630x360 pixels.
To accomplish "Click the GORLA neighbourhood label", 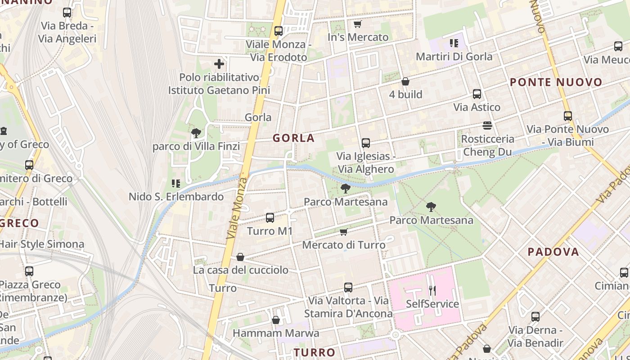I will click(293, 138).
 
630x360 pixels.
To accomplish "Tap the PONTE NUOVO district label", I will click(556, 82).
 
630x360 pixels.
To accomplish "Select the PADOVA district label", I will click(553, 252).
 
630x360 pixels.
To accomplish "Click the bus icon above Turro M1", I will click(270, 218).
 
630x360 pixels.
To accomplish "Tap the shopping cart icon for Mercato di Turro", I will click(344, 232).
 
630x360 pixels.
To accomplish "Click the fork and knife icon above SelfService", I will click(432, 290).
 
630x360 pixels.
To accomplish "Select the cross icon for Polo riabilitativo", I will click(219, 64).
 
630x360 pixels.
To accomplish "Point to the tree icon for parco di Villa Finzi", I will click(196, 133).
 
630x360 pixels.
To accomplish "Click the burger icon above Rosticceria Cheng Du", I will click(487, 125).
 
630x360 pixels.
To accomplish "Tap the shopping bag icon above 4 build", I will click(405, 81).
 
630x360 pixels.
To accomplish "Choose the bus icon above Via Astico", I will click(477, 94).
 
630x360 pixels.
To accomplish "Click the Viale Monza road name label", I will click(237, 208).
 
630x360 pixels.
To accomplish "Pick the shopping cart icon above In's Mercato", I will click(358, 24).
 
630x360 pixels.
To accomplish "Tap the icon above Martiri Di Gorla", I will click(454, 43).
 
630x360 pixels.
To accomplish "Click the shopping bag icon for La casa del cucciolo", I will click(240, 257).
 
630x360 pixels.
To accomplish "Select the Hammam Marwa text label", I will click(276, 333).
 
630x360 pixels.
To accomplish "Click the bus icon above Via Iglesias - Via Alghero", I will click(366, 143).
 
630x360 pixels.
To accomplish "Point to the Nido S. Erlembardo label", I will click(176, 197).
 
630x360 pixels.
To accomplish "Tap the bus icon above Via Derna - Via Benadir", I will click(535, 317).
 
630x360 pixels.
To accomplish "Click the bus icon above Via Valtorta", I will click(348, 287).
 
